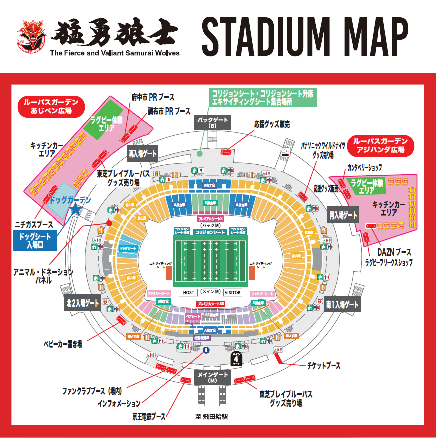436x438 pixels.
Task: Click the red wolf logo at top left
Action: point(31,36)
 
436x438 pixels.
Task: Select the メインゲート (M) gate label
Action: point(212,378)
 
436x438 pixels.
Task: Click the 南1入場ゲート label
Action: point(342,305)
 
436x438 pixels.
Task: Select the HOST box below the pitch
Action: point(188,292)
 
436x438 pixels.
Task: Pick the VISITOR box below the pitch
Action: point(232,292)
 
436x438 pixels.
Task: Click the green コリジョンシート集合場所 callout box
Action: point(263,97)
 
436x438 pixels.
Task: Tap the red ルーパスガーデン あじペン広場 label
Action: point(51,106)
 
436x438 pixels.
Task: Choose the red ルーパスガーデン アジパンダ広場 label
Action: point(383,145)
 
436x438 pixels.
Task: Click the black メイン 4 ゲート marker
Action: point(236,358)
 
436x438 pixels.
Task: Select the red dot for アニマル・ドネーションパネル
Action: point(108,224)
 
